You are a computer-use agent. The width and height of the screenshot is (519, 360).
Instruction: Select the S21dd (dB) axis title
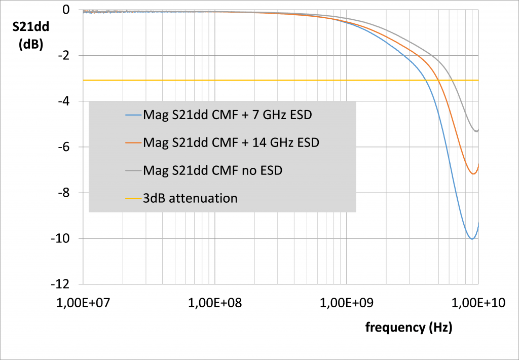tap(30, 37)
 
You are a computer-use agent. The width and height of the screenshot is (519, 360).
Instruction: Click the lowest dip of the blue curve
tap(472, 239)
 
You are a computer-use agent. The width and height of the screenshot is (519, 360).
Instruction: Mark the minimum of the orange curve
tap(473, 174)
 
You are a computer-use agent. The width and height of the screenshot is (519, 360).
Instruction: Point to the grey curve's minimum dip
tap(475, 131)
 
